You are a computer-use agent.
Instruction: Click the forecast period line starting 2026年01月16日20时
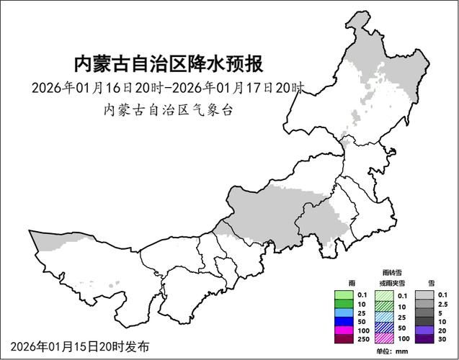pyautogui.click(x=168, y=88)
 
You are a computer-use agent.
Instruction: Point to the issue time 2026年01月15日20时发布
pyautogui.click(x=80, y=346)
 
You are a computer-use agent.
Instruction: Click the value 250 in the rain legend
pyautogui.click(x=362, y=338)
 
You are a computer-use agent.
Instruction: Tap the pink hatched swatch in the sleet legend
pyautogui.click(x=385, y=338)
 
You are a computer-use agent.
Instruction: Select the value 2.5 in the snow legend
pyautogui.click(x=443, y=304)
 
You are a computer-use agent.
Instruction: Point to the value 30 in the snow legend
pyautogui.click(x=443, y=338)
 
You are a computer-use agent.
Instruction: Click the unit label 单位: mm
pyautogui.click(x=393, y=351)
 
